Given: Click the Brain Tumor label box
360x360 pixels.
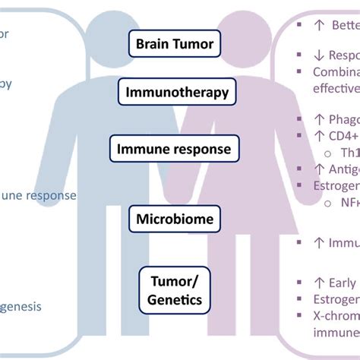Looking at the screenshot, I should coord(175,44).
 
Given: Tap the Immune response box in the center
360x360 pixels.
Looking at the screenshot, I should coord(174,149).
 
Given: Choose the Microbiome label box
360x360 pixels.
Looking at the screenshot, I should coord(174,220).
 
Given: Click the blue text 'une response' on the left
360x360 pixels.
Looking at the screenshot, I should coord(38,195).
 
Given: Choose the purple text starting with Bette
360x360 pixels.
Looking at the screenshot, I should coord(342,25).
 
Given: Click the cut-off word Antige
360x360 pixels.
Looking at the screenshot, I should coord(338,169).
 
